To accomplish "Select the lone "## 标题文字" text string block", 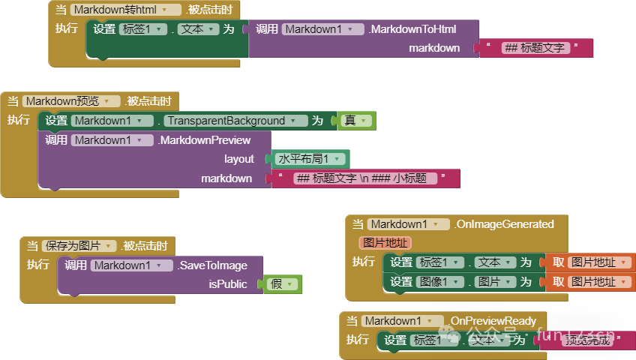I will (x=535, y=48).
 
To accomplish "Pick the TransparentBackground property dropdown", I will (x=236, y=121).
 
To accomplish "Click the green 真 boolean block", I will (x=352, y=121).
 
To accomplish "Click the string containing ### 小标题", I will (x=365, y=178).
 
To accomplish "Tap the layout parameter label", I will (x=239, y=159).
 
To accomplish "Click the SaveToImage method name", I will (x=212, y=265).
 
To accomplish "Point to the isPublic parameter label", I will (x=228, y=284).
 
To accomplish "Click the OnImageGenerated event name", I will (x=504, y=224).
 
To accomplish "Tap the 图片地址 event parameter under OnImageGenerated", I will (x=385, y=243).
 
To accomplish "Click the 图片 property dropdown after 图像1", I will (x=495, y=282).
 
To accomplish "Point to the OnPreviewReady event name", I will (x=493, y=321).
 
